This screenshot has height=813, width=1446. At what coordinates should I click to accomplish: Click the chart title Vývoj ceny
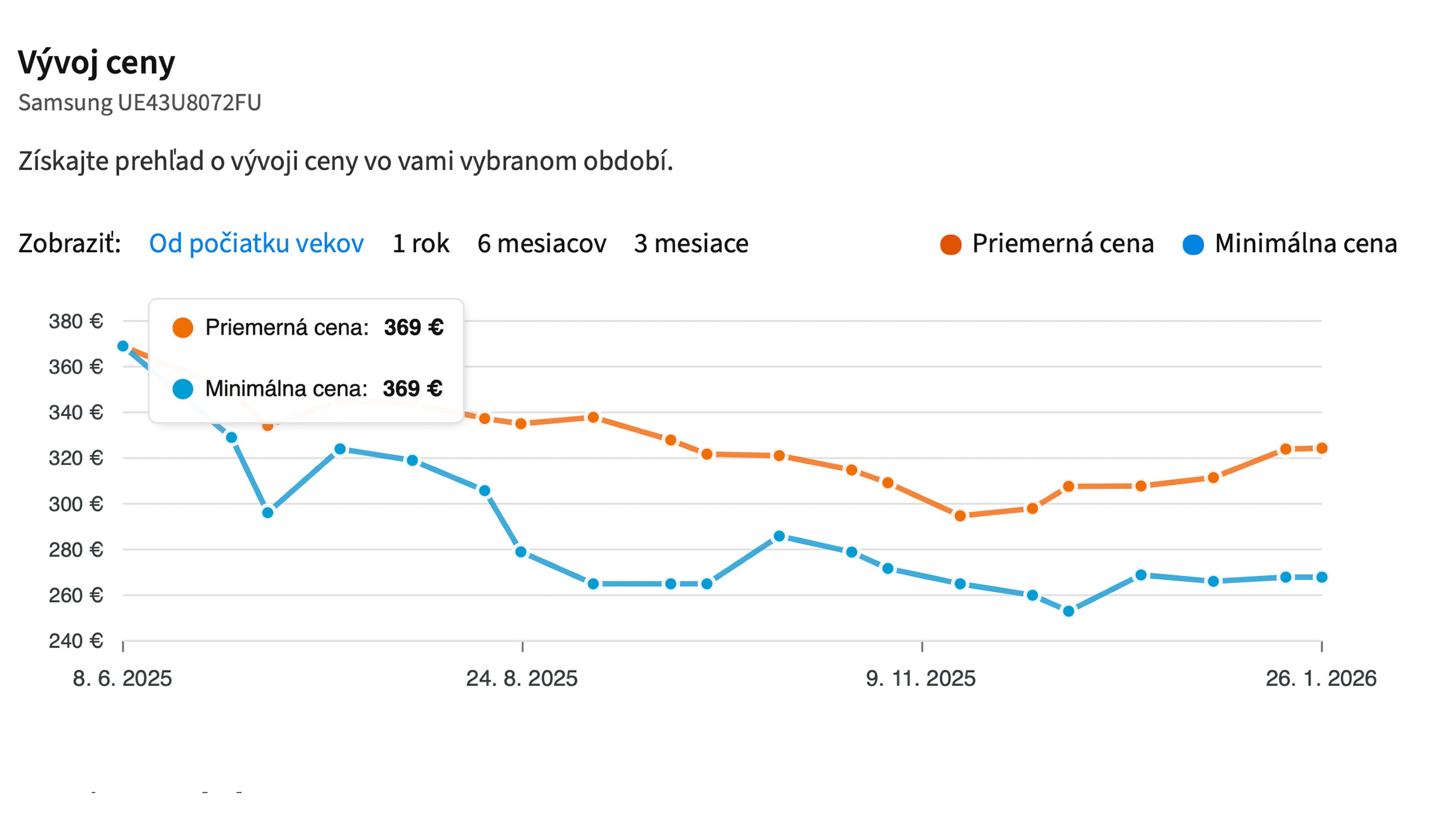[x=96, y=62]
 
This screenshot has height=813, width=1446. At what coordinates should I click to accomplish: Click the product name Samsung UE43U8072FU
[x=140, y=102]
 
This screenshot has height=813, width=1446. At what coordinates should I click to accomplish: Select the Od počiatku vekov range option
[x=256, y=244]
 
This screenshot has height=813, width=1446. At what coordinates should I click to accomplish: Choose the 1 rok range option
[x=420, y=244]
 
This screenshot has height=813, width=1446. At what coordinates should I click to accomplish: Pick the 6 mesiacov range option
[x=541, y=244]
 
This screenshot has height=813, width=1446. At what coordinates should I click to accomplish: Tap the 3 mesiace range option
[x=690, y=244]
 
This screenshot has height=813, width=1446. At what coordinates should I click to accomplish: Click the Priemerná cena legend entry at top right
[x=1047, y=244]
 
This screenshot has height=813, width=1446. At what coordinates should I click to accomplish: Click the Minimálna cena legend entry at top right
[x=1290, y=244]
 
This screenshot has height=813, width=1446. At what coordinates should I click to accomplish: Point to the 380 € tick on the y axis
[x=76, y=321]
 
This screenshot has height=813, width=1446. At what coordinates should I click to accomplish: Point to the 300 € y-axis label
[x=76, y=504]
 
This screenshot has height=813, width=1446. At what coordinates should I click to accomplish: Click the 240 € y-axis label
[x=76, y=641]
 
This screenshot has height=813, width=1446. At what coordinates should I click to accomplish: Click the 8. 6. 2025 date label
[x=122, y=678]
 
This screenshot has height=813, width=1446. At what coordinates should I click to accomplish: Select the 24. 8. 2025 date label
[x=522, y=678]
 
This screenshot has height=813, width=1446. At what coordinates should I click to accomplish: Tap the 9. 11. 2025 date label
[x=921, y=678]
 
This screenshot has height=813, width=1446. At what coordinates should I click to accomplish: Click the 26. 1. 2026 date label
[x=1320, y=678]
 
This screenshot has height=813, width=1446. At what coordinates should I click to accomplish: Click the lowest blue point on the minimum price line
[x=1069, y=611]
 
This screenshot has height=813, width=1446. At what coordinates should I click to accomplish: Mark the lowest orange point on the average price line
[x=960, y=516]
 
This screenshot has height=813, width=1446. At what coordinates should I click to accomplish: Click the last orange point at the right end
[x=1322, y=448]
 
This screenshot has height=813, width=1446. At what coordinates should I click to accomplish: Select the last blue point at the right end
[x=1322, y=577]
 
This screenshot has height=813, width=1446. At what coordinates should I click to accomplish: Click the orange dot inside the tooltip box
[x=183, y=328]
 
